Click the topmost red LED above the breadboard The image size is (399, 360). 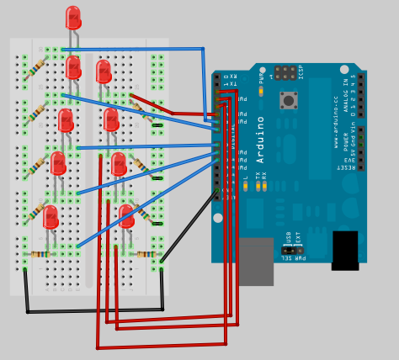tap(73, 18)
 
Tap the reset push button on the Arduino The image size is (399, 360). tap(289, 101)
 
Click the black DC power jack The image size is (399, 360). tap(345, 250)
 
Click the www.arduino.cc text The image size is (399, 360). tap(335, 135)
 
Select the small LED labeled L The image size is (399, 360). tap(246, 186)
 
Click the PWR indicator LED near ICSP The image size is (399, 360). tap(261, 90)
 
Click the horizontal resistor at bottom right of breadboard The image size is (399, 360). tap(146, 254)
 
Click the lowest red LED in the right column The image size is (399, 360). tap(125, 216)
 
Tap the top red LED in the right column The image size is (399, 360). tap(104, 71)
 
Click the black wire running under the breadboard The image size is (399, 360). tap(93, 310)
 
